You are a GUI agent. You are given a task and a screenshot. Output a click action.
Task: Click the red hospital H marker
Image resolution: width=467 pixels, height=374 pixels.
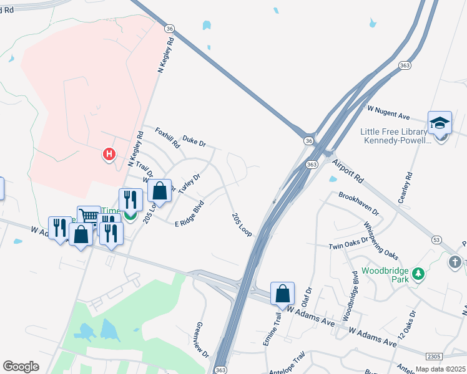pos(109,153)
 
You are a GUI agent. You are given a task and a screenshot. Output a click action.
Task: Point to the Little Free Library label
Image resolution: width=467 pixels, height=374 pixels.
pos(396,136)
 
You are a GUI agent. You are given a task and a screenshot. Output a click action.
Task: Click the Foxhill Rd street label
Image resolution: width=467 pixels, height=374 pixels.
pos(168,138)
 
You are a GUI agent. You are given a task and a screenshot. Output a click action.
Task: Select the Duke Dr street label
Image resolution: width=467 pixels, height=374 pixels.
pos(194,142)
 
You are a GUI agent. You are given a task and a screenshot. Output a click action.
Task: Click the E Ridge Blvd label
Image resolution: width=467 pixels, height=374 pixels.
pos(190,213)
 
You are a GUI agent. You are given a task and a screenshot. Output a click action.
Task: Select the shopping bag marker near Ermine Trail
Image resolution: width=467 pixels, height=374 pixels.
pos(282,293)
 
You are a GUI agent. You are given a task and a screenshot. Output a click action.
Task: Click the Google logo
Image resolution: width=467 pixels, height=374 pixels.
pos(21,367)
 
